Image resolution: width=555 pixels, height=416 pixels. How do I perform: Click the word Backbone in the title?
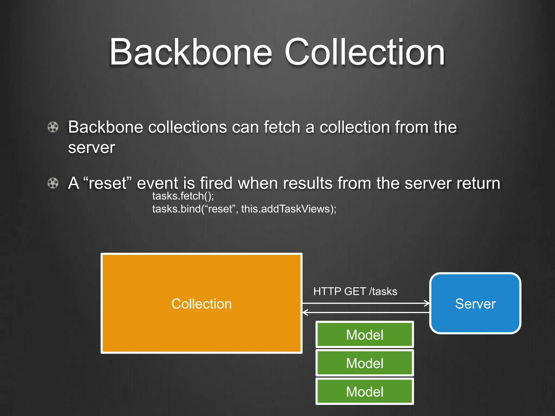pos(191,52)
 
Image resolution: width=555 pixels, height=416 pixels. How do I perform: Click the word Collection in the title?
pos(364,52)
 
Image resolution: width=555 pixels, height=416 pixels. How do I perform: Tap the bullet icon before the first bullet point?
pos(53,127)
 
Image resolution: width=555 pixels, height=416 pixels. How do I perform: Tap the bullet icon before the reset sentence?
pos(53,183)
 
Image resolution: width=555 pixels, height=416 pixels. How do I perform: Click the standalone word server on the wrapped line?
pos(92,148)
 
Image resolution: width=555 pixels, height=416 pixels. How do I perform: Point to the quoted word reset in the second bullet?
pos(107,183)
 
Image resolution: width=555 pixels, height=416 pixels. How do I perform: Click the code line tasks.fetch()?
pos(183,196)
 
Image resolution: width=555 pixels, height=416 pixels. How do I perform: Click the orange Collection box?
pos(201,303)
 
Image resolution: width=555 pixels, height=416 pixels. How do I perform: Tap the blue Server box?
pos(475,303)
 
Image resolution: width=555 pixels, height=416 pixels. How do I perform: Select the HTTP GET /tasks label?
pos(355,291)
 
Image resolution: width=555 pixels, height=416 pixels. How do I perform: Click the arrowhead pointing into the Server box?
pos(427,303)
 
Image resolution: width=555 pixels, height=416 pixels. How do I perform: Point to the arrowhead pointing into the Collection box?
pos(305,313)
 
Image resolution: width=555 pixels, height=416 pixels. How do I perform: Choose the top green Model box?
pos(364,335)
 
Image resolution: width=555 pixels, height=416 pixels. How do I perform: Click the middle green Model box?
pos(364,363)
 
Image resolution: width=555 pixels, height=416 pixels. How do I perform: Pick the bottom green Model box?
pos(364,392)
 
